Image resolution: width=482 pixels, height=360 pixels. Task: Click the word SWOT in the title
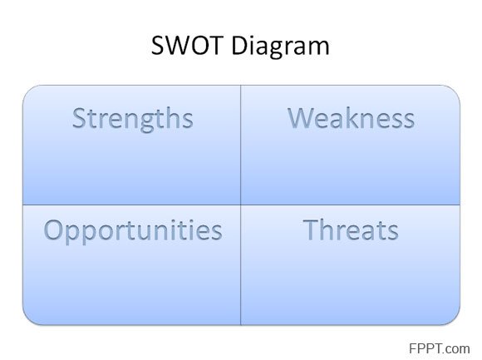187,45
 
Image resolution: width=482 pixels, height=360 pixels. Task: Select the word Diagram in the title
280,47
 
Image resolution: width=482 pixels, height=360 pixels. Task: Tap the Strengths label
133,119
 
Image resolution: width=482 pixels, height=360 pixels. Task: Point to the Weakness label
351,118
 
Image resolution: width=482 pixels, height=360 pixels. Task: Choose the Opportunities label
133,231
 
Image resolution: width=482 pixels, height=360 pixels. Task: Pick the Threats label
351,229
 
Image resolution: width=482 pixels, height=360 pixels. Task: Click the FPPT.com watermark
440,348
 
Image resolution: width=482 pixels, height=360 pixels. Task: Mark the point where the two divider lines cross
241,205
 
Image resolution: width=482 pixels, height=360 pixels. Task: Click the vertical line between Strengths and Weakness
241,145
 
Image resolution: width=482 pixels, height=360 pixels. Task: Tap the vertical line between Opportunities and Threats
241,264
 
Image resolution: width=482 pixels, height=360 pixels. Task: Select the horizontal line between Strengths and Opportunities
131,205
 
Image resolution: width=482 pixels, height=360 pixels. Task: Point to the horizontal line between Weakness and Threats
351,205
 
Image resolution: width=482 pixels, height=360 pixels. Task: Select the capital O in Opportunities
54,229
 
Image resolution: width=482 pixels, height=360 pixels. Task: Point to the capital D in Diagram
240,46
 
